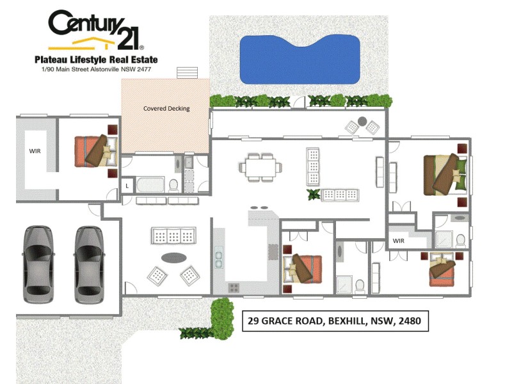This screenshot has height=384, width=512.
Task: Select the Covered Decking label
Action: tap(166, 108)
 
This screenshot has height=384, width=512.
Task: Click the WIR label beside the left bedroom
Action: tap(35, 152)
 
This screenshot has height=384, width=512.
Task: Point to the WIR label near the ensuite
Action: tap(399, 241)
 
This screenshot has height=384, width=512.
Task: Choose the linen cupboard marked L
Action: tap(127, 186)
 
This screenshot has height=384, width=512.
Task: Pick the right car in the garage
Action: tap(88, 263)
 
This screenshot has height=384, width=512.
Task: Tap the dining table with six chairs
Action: tap(260, 167)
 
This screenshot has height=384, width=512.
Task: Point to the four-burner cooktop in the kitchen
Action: tap(234, 287)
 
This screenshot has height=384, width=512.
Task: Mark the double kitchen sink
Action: tap(219, 258)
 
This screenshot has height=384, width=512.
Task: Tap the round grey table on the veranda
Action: tap(363, 120)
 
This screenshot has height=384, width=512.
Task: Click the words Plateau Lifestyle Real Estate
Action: tap(95, 60)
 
